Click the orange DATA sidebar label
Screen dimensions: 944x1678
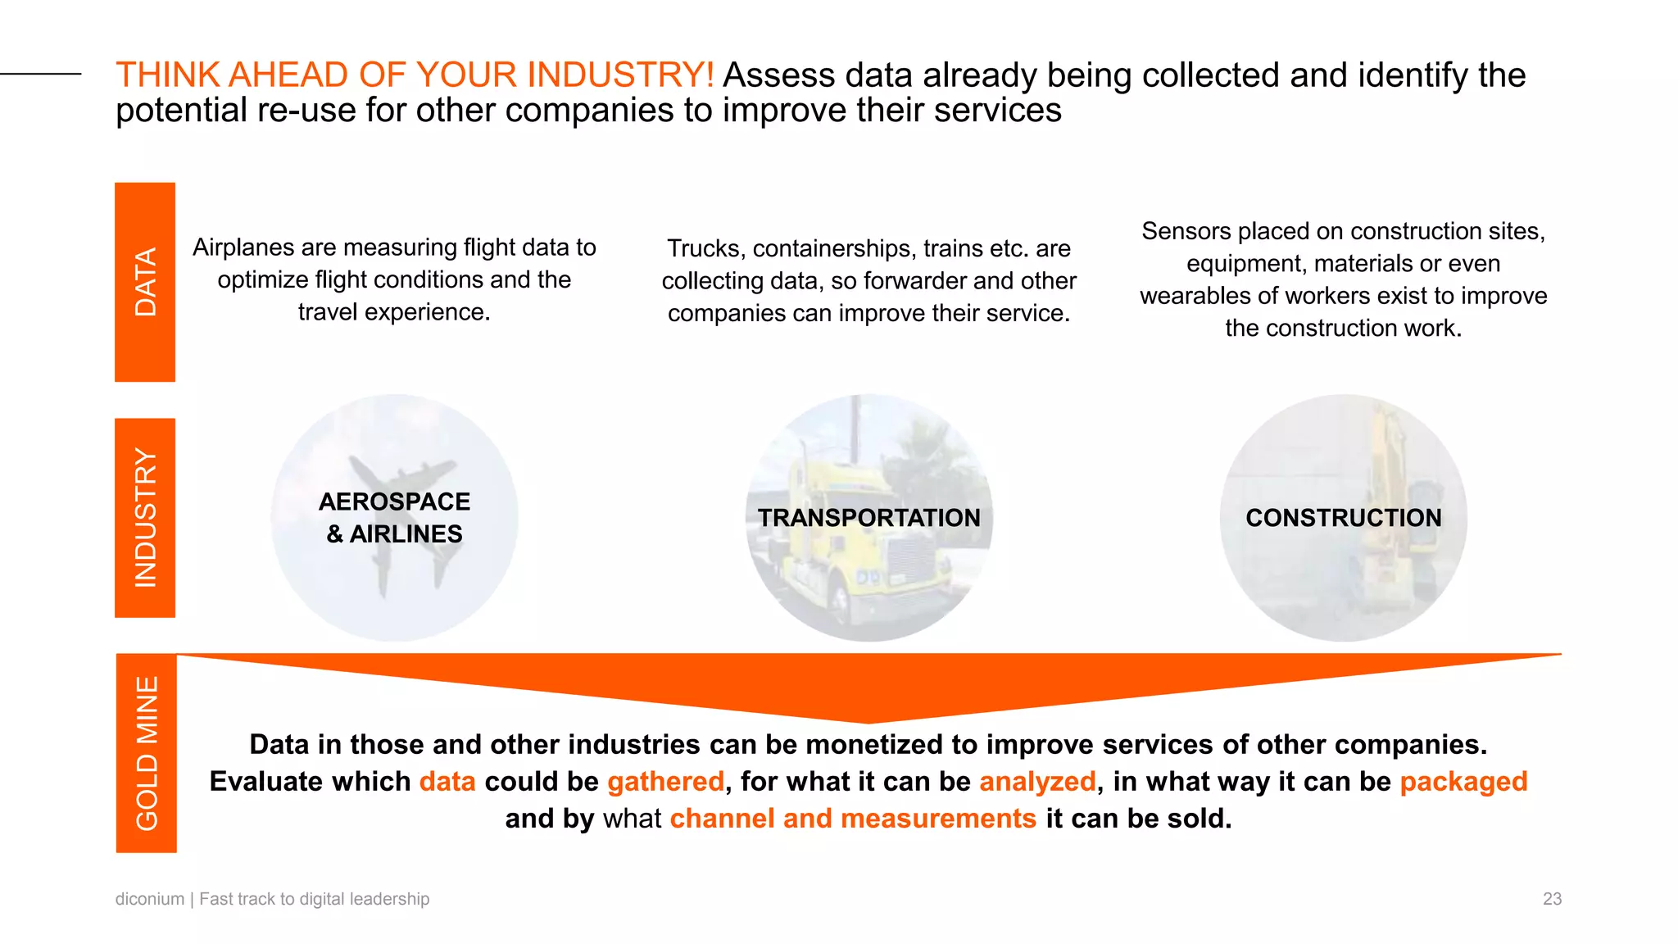pyautogui.click(x=145, y=282)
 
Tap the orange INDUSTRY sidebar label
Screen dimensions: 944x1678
pyautogui.click(x=145, y=518)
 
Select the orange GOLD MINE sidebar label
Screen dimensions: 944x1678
pyautogui.click(x=147, y=753)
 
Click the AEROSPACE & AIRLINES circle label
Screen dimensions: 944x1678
pyautogui.click(x=394, y=518)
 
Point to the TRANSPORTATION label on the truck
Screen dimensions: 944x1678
pyautogui.click(x=868, y=518)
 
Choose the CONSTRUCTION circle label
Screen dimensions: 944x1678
pyautogui.click(x=1343, y=518)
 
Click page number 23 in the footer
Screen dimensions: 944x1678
pyautogui.click(x=1552, y=899)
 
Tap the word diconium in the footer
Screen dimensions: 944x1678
pyautogui.click(x=150, y=899)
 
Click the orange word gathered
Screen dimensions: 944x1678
pyautogui.click(x=665, y=782)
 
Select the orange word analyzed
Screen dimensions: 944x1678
pyautogui.click(x=1037, y=782)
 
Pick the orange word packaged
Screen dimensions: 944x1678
pyautogui.click(x=1463, y=782)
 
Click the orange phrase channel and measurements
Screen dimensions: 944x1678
pyautogui.click(x=853, y=819)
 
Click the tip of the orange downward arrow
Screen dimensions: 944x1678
pyautogui.click(x=868, y=720)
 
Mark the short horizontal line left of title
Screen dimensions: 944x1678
pyautogui.click(x=41, y=74)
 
